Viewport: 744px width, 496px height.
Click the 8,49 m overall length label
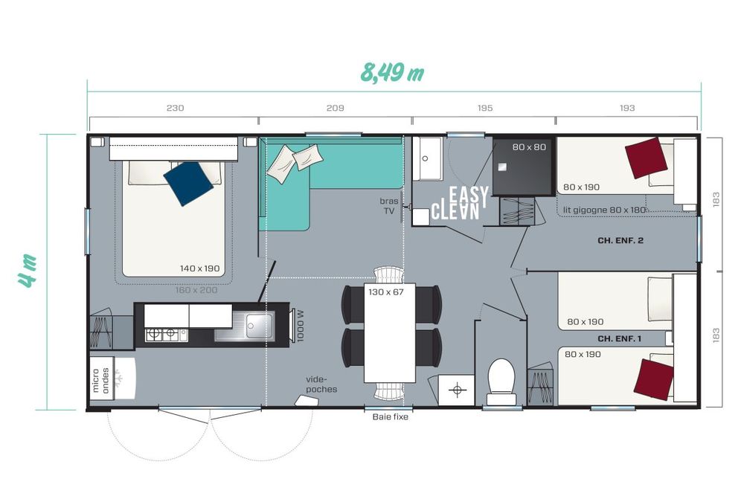point(392,72)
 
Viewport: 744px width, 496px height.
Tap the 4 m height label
point(28,271)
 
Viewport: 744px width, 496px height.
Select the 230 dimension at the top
point(175,108)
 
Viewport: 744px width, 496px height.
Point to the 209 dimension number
point(335,108)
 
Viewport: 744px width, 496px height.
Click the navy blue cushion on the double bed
point(188,184)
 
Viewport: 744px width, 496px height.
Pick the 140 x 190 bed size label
point(199,268)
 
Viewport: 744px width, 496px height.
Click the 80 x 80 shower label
point(529,147)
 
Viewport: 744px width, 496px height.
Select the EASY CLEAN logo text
point(459,203)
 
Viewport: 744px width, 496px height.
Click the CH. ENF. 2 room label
point(620,240)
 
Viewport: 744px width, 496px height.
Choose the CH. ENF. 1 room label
point(619,338)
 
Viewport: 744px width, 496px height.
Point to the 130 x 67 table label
point(385,292)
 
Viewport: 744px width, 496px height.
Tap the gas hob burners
point(161,335)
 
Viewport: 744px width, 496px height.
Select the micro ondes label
point(100,380)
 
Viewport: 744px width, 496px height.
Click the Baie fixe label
point(390,417)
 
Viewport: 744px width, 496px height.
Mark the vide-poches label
point(321,384)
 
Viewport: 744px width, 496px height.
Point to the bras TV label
point(388,206)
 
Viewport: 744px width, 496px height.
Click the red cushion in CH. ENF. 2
point(647,158)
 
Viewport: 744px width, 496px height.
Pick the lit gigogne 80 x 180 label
point(604,210)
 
